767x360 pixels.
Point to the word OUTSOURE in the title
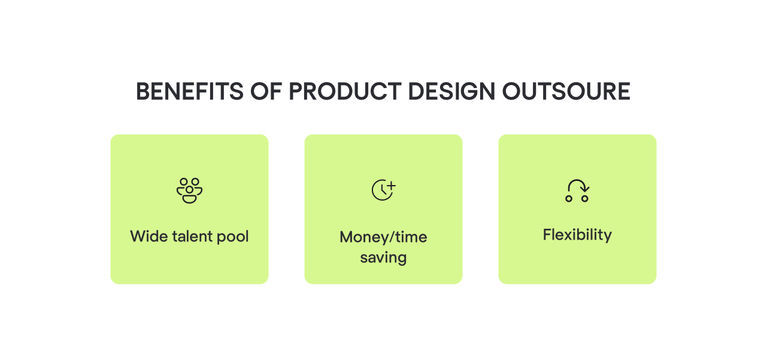pos(566,92)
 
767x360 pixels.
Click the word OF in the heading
pos(256,92)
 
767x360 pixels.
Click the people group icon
pos(189,190)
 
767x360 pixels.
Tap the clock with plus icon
pos(383,190)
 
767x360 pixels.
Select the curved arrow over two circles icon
pos(577,190)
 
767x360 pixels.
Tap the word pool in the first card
pos(234,236)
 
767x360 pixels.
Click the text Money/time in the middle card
pos(383,237)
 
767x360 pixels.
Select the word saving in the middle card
pos(383,258)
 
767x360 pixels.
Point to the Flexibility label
pos(577,234)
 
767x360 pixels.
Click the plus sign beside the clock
pos(392,185)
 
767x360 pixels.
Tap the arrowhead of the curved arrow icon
pos(586,189)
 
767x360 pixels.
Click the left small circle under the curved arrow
pos(569,198)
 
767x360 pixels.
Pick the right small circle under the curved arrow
pos(585,198)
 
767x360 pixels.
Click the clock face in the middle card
pos(381,191)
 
